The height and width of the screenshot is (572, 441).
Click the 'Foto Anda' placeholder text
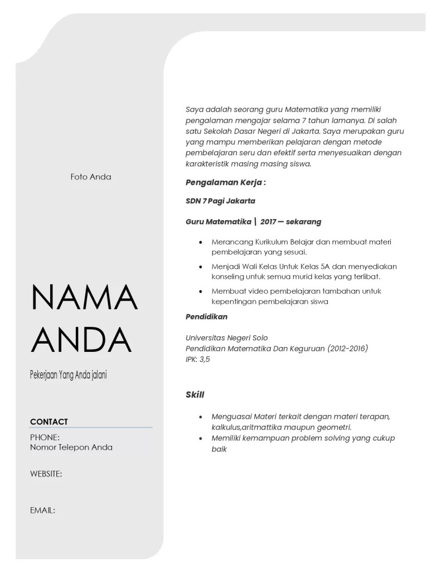(x=91, y=177)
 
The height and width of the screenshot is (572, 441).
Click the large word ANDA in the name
(x=81, y=340)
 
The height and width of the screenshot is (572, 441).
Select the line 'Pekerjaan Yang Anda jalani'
(x=68, y=375)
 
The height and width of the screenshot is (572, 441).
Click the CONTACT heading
(x=49, y=422)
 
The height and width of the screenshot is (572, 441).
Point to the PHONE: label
(x=45, y=437)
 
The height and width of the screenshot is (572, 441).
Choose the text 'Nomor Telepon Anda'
(x=71, y=447)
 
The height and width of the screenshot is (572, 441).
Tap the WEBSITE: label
(x=46, y=474)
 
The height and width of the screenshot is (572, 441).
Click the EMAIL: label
(x=42, y=510)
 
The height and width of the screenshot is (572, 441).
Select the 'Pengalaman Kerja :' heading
(x=225, y=182)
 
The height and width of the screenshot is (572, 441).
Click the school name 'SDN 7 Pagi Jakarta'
(x=220, y=201)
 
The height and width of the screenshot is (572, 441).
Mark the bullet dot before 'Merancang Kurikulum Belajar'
(x=201, y=242)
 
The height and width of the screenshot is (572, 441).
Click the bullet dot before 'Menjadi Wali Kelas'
(x=201, y=266)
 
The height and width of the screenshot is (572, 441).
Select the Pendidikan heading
(x=206, y=317)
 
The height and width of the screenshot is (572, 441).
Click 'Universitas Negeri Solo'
(x=226, y=338)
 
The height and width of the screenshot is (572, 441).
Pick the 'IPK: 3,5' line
(x=198, y=359)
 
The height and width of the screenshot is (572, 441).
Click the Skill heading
(x=195, y=395)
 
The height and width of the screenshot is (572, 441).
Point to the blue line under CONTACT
(x=91, y=428)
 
